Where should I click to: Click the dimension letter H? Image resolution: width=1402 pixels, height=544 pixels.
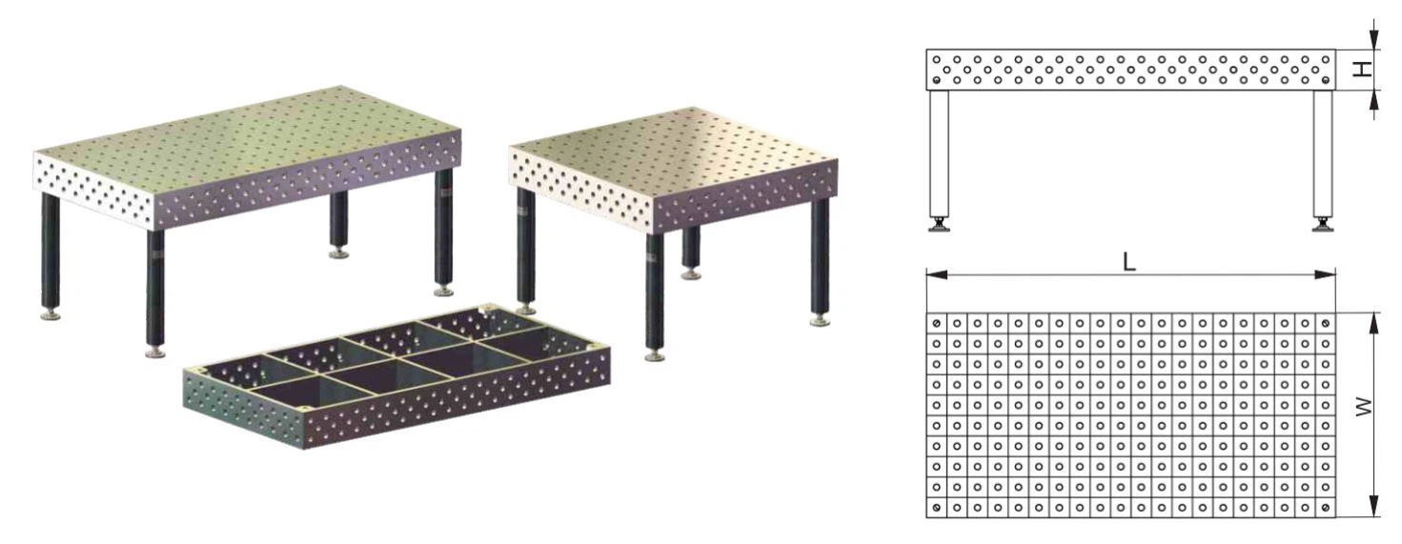pyautogui.click(x=1362, y=69)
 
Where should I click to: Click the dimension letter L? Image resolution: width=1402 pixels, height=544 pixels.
pyautogui.click(x=1129, y=261)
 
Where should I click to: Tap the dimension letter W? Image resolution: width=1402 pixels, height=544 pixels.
pyautogui.click(x=1363, y=407)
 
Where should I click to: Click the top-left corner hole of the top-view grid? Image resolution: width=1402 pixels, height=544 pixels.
pyautogui.click(x=936, y=323)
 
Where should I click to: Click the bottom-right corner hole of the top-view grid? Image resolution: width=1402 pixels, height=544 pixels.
pyautogui.click(x=1325, y=507)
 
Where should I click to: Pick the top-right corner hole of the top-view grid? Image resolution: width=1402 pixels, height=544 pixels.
pyautogui.click(x=1325, y=323)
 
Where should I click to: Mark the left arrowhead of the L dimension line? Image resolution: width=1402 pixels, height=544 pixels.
pyautogui.click(x=936, y=274)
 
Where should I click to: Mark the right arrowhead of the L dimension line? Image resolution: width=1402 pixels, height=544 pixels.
pyautogui.click(x=1325, y=274)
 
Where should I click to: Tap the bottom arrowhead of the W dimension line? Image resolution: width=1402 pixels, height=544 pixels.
pyautogui.click(x=1373, y=506)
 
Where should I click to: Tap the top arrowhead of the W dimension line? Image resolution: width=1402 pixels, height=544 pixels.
pyautogui.click(x=1373, y=323)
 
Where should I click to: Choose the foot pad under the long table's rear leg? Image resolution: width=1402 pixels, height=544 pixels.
pyautogui.click(x=338, y=253)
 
